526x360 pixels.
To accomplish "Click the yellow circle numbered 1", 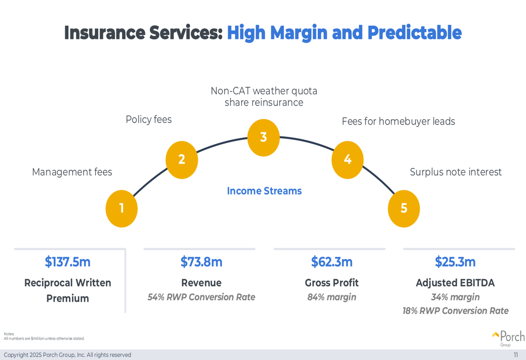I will coord(122,209).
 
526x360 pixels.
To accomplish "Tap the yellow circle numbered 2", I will coord(181,159).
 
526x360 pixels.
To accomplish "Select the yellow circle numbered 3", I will coord(264,137).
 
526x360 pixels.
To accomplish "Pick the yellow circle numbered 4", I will coord(348,159).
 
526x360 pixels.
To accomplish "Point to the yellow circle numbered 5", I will coord(404,209).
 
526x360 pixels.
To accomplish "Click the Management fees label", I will coord(72,172).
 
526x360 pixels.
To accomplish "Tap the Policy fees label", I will coord(148,120).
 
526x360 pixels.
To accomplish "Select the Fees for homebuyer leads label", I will coord(398,121).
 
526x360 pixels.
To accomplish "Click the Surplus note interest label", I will coord(456,172).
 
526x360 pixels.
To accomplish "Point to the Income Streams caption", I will coord(264,191).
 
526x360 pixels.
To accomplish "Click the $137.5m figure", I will coord(67,262).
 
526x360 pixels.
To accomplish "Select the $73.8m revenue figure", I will coord(201,262).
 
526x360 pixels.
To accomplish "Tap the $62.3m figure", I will coord(331,262).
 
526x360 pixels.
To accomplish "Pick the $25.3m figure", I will coord(455,262).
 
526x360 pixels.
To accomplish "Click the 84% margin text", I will coord(331,297).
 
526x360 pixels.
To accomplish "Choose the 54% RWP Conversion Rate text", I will coord(201,297).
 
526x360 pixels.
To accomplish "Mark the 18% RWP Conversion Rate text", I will coord(455,311).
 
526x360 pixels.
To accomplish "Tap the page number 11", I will coord(516,355).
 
